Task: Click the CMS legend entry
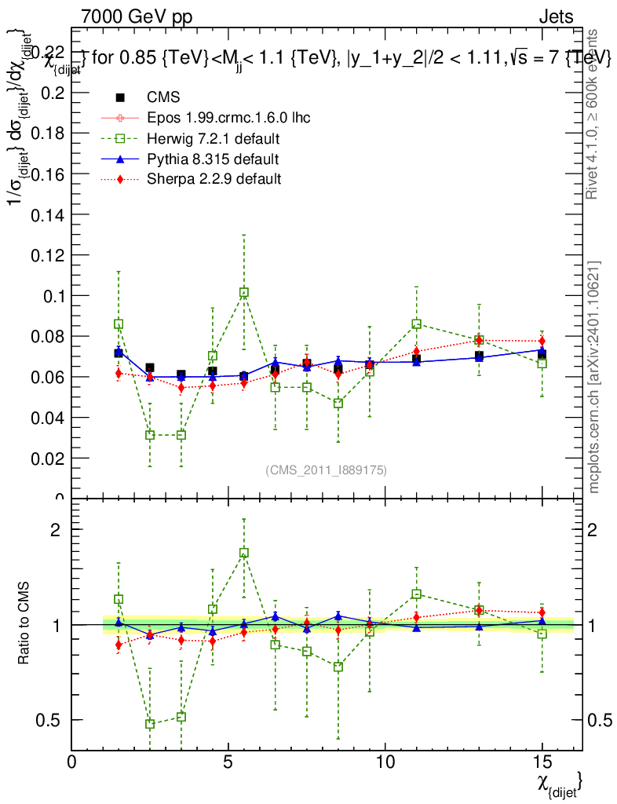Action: click(x=163, y=97)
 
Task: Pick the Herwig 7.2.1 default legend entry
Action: click(x=214, y=138)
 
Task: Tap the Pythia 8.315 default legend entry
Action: click(x=212, y=159)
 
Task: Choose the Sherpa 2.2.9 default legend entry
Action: click(x=214, y=179)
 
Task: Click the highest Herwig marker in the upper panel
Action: click(x=244, y=292)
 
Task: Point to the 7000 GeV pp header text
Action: click(x=137, y=16)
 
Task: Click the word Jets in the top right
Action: click(x=555, y=16)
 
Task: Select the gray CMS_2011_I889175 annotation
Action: click(x=326, y=470)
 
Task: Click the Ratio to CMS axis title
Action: click(x=23, y=624)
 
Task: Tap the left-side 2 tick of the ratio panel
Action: click(x=56, y=529)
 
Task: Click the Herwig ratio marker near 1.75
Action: click(x=244, y=553)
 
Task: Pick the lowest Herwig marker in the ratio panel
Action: click(x=150, y=724)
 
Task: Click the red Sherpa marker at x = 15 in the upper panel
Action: click(x=542, y=341)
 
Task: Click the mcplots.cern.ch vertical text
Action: click(x=594, y=377)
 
